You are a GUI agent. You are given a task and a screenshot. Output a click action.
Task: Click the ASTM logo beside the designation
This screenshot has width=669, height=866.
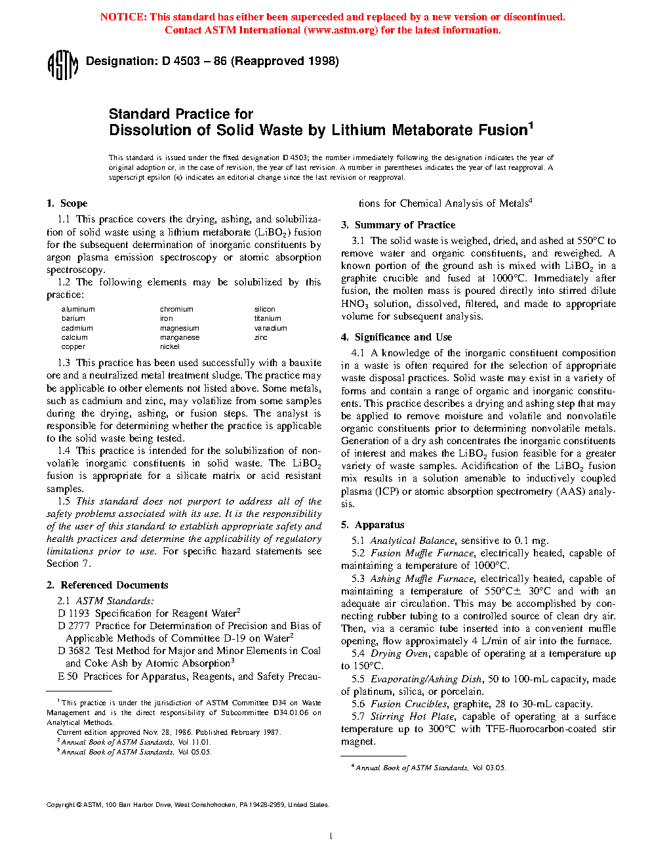point(62,65)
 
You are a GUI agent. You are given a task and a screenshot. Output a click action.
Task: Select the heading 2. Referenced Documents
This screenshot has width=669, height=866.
point(108,585)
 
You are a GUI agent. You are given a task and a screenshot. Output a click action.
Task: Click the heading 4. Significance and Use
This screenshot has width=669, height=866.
point(396,337)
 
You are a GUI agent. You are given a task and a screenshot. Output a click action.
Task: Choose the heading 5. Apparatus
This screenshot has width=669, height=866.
point(373,525)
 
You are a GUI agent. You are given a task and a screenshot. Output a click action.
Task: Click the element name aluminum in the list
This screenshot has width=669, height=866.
point(78,309)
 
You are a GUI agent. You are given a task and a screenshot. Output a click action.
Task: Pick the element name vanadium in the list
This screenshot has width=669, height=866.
point(270,328)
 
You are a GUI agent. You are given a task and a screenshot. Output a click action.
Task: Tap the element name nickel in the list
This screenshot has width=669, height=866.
point(169,346)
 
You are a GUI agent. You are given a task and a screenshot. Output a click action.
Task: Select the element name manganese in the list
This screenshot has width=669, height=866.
point(179,337)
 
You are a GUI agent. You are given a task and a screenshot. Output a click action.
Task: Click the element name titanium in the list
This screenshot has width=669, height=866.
point(268,318)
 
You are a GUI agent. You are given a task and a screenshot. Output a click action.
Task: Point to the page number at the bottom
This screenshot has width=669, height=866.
point(331,836)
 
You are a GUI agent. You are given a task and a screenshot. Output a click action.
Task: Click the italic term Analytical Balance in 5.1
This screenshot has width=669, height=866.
point(413,541)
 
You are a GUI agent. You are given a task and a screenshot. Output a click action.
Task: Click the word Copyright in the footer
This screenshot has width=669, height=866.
point(60,805)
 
